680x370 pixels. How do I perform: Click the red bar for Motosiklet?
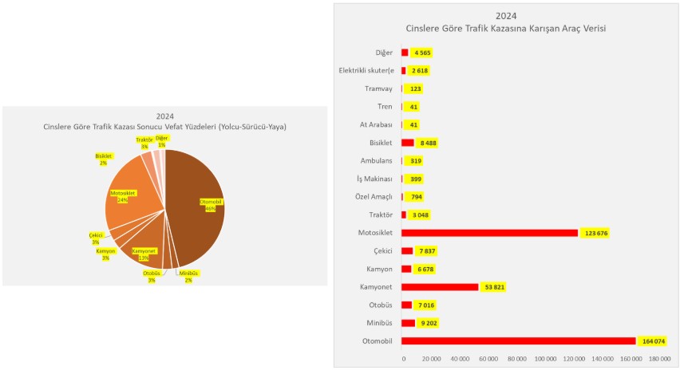tap(488, 233)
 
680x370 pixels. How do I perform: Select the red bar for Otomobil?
tap(518, 341)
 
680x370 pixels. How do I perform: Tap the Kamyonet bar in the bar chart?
tap(439, 287)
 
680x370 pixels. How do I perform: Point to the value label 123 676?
tap(600, 233)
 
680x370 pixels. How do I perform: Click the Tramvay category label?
tap(378, 89)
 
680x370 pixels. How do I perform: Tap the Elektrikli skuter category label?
tap(366, 70)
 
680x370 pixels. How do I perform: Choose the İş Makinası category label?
tap(374, 179)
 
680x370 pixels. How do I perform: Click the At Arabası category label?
tap(376, 124)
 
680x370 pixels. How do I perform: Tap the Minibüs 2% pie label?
tap(188, 276)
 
